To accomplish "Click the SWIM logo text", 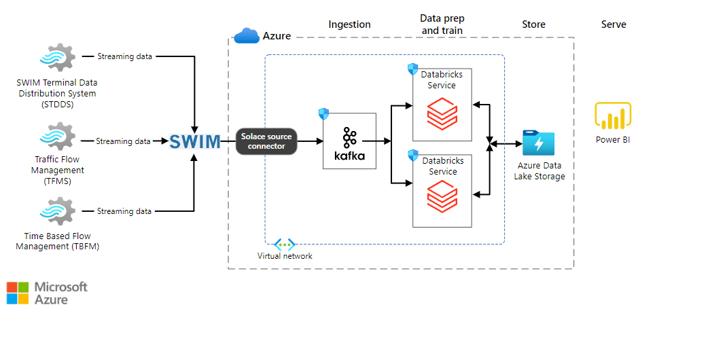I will pyautogui.click(x=195, y=141).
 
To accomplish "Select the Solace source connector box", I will pyautogui.click(x=266, y=141).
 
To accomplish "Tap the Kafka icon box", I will pyautogui.click(x=349, y=141).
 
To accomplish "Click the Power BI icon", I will pyautogui.click(x=613, y=115).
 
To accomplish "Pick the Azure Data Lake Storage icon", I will pyautogui.click(x=538, y=143).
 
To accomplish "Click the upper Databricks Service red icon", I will pyautogui.click(x=442, y=113).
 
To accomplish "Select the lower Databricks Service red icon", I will pyautogui.click(x=442, y=197).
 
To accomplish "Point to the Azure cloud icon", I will pyautogui.click(x=246, y=36).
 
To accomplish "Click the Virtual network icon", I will pyautogui.click(x=284, y=245).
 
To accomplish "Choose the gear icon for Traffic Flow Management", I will pyautogui.click(x=57, y=137).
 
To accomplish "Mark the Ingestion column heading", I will pyautogui.click(x=349, y=24).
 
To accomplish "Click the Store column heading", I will pyautogui.click(x=533, y=24).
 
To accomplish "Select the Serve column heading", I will pyautogui.click(x=614, y=24).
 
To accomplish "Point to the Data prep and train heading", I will pyautogui.click(x=442, y=24).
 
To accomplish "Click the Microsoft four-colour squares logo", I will pyautogui.click(x=18, y=293).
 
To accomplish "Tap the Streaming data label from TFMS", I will pyautogui.click(x=123, y=141).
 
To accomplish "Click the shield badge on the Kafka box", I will pyautogui.click(x=323, y=113).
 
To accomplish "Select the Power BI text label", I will pyautogui.click(x=613, y=140).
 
